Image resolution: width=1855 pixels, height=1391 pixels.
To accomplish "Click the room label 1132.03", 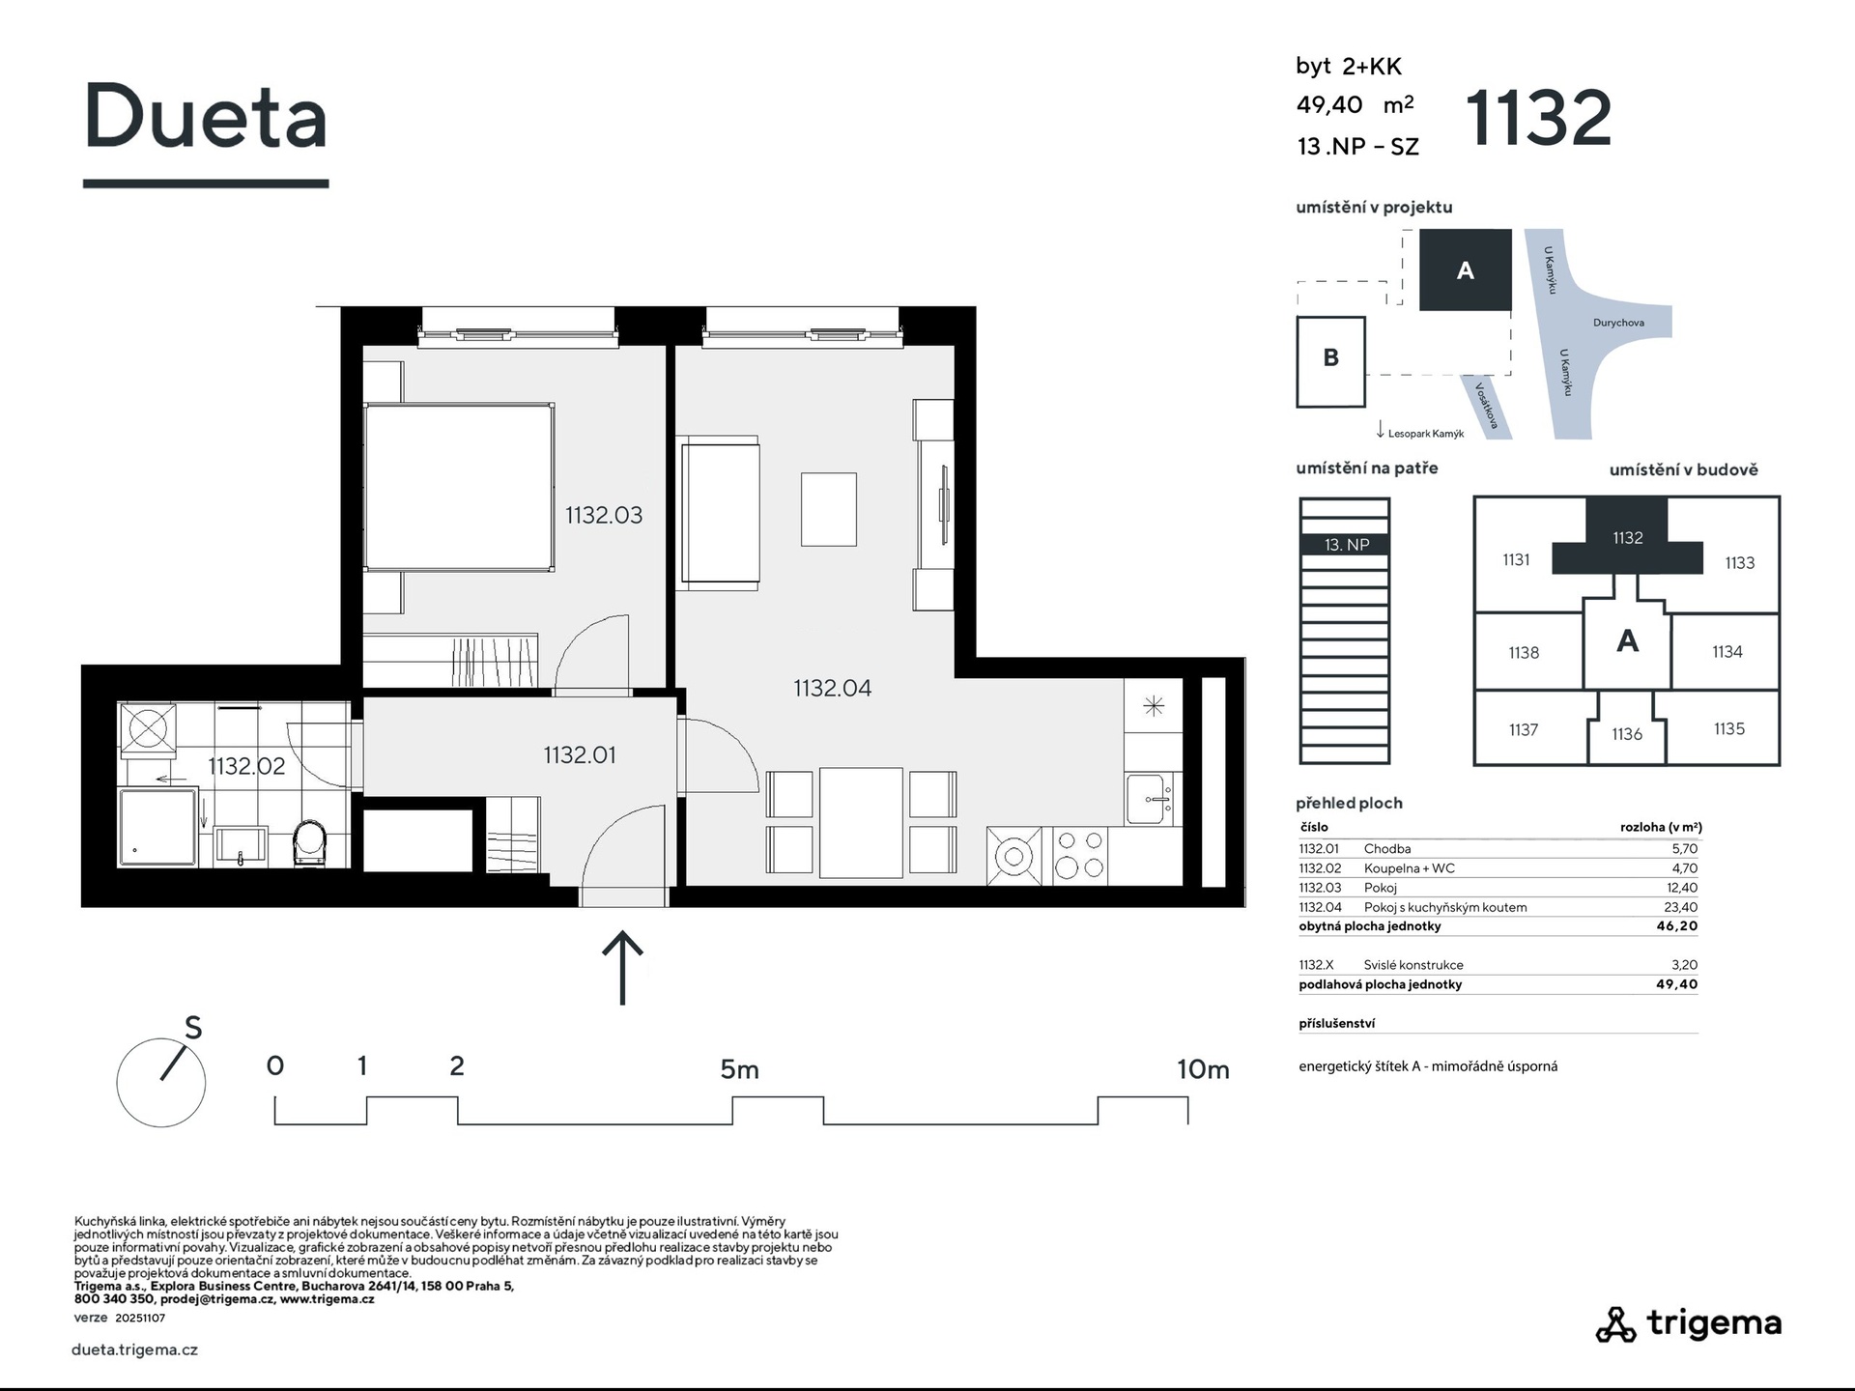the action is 604,515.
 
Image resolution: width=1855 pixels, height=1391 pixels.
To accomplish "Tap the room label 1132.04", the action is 832,688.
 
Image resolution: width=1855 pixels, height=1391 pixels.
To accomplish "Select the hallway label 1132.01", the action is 579,754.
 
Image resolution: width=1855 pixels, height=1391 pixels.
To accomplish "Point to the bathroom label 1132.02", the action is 246,766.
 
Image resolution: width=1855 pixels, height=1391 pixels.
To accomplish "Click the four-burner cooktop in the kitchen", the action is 1079,855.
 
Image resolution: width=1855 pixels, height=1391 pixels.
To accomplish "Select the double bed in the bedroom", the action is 459,487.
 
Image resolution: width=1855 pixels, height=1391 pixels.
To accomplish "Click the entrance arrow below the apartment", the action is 623,967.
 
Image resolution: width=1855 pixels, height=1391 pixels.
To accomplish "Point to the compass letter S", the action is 193,1028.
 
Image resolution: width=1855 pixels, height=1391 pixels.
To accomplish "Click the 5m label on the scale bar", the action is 739,1069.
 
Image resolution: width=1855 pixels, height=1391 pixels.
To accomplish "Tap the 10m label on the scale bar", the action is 1203,1069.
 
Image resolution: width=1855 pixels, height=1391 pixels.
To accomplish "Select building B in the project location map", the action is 1330,361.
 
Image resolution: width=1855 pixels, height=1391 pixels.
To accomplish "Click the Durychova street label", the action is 1618,323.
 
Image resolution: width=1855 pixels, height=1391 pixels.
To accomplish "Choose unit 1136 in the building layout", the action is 1627,734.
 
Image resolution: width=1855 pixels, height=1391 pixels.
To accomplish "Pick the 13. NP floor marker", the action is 1346,545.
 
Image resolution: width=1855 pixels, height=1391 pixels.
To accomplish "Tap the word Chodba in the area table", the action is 1387,849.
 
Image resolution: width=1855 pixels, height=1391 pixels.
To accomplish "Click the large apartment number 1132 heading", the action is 1539,118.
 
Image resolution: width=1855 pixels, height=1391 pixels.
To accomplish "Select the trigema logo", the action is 1689,1324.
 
